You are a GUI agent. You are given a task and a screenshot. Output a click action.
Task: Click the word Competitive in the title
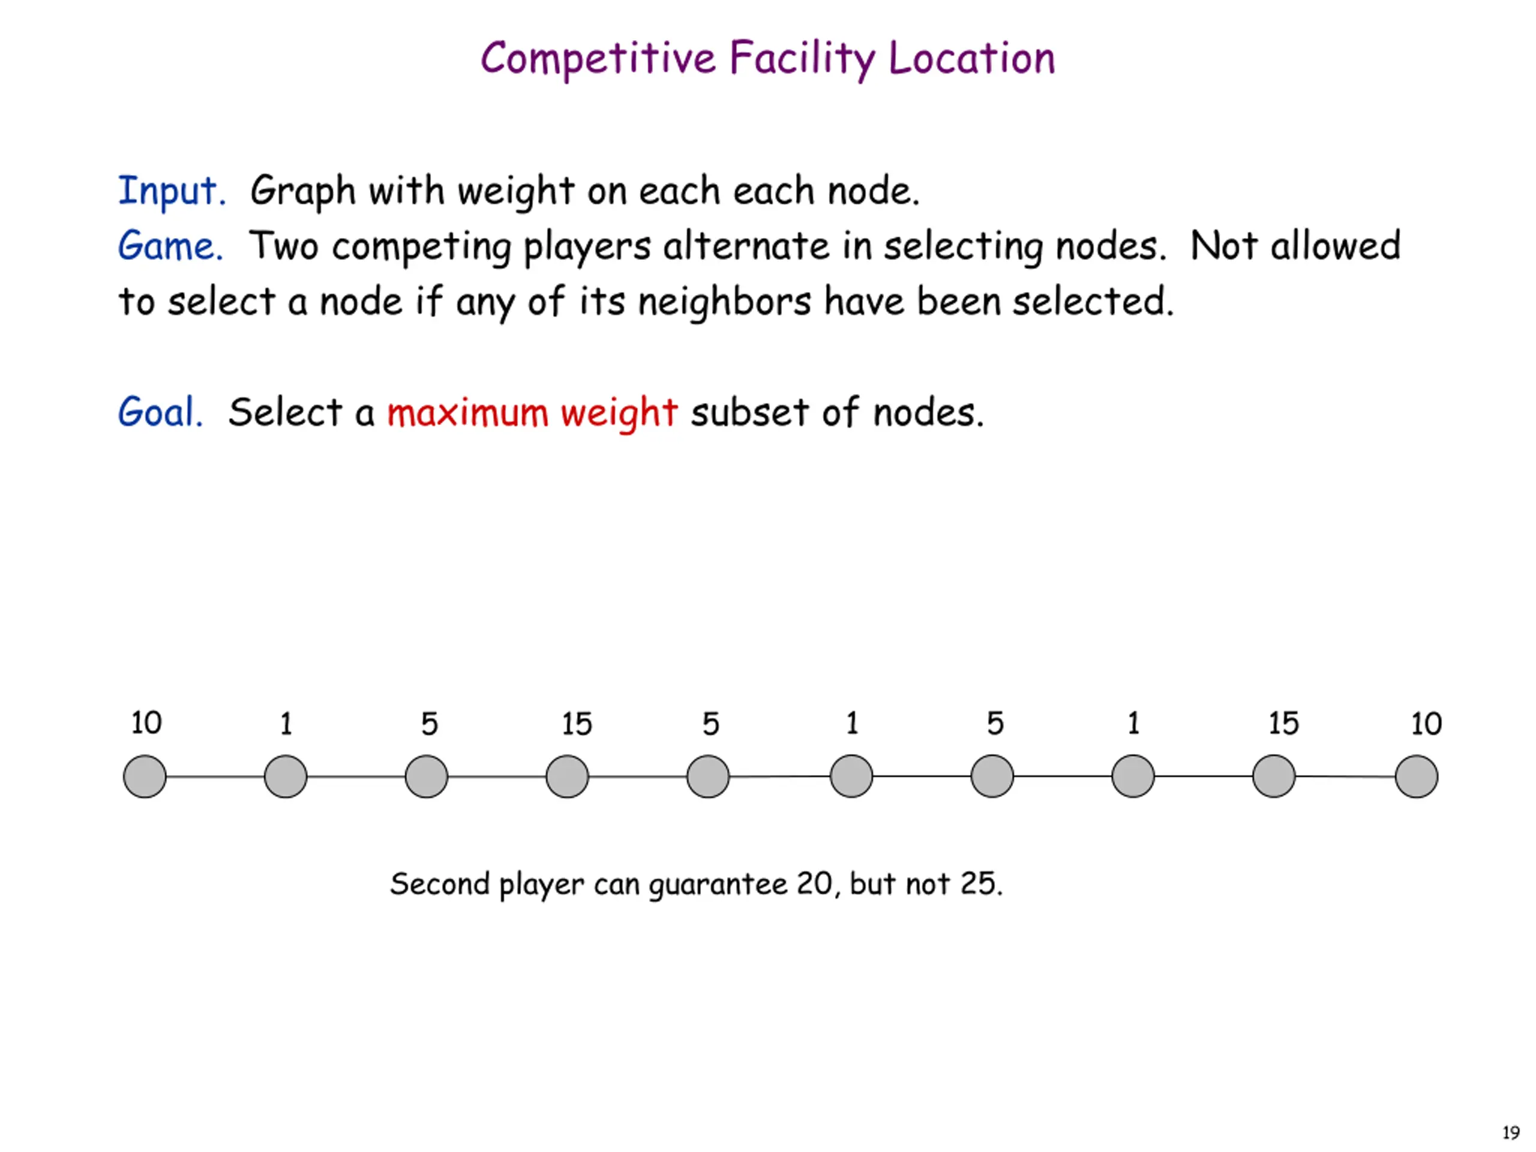598,58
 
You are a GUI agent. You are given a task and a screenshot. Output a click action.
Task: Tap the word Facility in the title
802,58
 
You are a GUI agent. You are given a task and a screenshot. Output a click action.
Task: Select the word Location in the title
971,58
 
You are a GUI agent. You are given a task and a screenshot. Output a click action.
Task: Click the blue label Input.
172,191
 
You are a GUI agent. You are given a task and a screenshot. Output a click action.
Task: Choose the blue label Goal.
160,412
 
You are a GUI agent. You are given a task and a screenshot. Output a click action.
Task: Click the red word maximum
467,412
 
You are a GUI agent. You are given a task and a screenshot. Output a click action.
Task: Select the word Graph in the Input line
303,191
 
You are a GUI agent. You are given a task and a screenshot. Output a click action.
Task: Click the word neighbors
724,302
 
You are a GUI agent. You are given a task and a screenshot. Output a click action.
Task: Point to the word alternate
746,247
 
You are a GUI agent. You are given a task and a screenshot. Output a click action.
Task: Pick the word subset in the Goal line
749,412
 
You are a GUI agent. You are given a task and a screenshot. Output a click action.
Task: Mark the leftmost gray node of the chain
145,776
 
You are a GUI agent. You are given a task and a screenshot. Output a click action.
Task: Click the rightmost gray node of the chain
1417,776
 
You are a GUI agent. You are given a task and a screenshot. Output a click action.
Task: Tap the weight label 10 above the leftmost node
146,723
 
